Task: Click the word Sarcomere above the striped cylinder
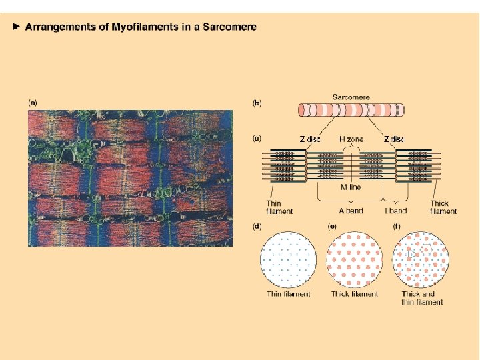click(351, 97)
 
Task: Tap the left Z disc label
click(310, 139)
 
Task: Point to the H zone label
click(351, 139)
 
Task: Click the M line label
click(351, 187)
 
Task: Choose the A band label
click(351, 211)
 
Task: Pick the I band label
click(395, 211)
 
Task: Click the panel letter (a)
click(32, 103)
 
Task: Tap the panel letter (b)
click(257, 103)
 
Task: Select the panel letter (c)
click(257, 139)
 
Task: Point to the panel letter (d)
click(257, 226)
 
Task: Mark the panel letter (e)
click(331, 226)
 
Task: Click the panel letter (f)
click(397, 226)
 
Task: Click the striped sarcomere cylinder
click(351, 111)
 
